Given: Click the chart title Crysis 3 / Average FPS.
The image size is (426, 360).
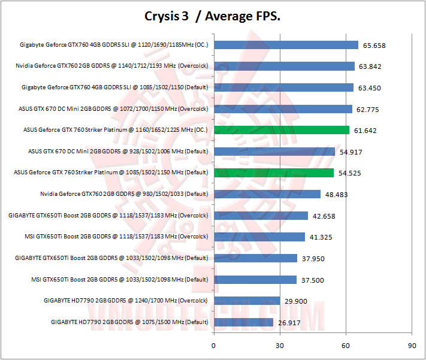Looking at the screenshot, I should [213, 16].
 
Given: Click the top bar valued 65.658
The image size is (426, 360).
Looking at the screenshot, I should [286, 45].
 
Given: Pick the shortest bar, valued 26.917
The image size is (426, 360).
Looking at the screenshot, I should [243, 322].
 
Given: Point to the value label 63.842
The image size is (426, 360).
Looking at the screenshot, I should [370, 66].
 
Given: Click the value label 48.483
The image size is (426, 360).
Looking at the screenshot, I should [336, 195].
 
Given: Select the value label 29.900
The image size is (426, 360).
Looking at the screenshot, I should [295, 301].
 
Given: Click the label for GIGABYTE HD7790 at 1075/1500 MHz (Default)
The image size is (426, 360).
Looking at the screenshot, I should [129, 322].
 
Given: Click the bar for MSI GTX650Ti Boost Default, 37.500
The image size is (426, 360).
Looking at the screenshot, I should [255, 280].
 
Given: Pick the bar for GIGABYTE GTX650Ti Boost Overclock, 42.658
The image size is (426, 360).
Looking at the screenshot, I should [261, 216].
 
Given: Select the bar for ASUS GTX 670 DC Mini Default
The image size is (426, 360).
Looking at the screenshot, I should [274, 152].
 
